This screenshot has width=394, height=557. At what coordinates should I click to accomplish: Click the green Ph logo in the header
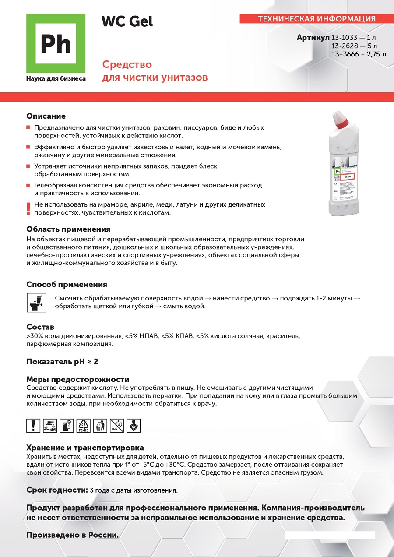(x=56, y=43)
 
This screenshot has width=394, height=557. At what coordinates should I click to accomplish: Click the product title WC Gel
(x=127, y=21)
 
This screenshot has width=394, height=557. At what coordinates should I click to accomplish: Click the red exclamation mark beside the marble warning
(x=28, y=208)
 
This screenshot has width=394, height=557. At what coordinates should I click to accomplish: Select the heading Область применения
(x=68, y=229)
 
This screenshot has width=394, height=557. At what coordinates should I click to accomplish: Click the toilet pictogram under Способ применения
(x=36, y=303)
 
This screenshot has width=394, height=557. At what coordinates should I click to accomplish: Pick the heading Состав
(x=40, y=327)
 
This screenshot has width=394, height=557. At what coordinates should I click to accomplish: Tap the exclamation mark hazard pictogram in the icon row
(x=34, y=425)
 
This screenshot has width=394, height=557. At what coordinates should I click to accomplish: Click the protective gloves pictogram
(x=67, y=425)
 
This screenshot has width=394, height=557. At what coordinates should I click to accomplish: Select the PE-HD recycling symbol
(x=84, y=425)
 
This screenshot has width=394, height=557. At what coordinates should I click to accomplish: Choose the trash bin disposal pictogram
(x=100, y=425)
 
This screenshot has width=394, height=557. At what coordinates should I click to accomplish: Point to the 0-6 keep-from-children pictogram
(x=117, y=425)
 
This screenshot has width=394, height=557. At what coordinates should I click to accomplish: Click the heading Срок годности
(x=57, y=490)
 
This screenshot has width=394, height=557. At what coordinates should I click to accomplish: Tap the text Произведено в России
(x=73, y=535)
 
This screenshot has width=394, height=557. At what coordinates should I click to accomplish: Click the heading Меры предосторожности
(x=78, y=379)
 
